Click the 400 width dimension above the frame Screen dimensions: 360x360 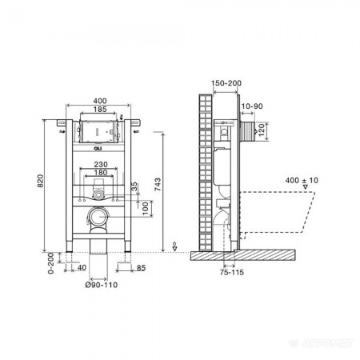[100, 101]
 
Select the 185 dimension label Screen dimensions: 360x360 [100, 109]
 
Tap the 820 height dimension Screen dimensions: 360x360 [40, 181]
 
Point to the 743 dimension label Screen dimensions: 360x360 [158, 185]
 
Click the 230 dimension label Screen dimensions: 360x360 [101, 164]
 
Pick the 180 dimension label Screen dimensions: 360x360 [101, 172]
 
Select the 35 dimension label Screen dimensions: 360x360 [134, 186]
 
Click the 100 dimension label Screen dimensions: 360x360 [145, 208]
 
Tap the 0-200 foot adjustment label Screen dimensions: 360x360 [50, 263]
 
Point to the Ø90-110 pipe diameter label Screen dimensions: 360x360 [102, 285]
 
